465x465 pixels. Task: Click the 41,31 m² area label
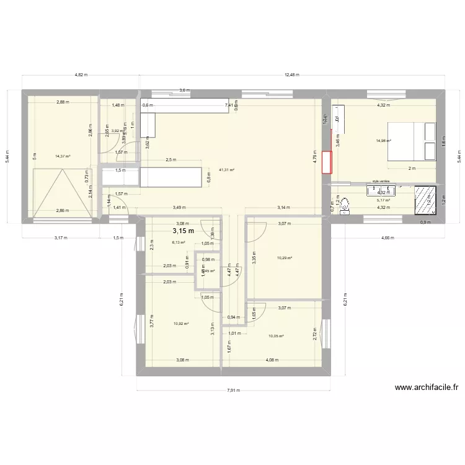pyautogui.click(x=226, y=169)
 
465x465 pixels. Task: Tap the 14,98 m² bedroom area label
pyautogui.click(x=384, y=141)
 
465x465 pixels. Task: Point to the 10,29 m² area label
pyautogui.click(x=285, y=258)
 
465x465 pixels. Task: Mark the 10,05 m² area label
pyautogui.click(x=276, y=336)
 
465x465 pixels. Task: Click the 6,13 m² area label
pyautogui.click(x=179, y=243)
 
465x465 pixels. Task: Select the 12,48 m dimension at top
pyautogui.click(x=292, y=74)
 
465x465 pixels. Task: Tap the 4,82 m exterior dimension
pyautogui.click(x=81, y=74)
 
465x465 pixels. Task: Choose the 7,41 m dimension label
pyautogui.click(x=229, y=105)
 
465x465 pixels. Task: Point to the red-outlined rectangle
pyautogui.click(x=327, y=161)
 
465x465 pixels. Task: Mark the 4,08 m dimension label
pyautogui.click(x=271, y=360)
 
